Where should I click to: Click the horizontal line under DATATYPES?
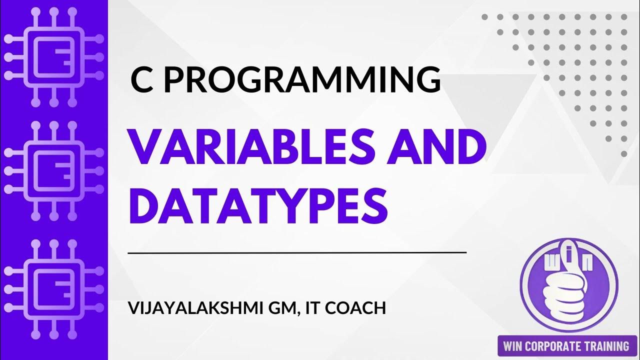[x=297, y=253]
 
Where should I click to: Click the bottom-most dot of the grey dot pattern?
[x=623, y=154]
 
